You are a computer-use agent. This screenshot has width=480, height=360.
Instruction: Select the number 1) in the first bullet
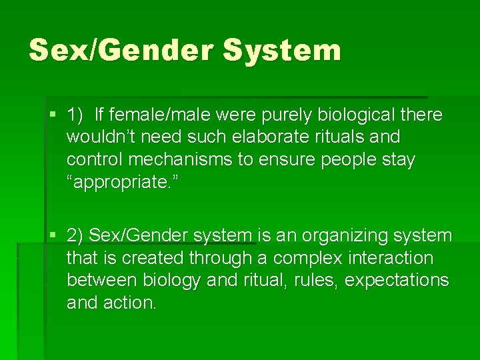[75, 115]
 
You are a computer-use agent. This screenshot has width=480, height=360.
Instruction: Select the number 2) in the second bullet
[75, 236]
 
